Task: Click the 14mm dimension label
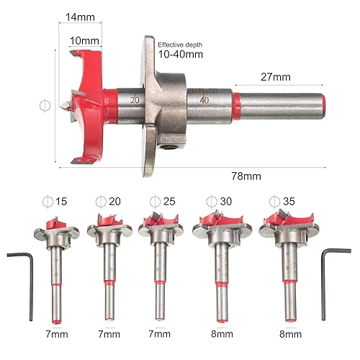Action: click(80, 17)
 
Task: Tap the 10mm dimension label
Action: click(84, 41)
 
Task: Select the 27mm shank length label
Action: click(276, 77)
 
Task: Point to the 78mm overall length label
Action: click(246, 176)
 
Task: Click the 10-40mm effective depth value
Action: click(181, 54)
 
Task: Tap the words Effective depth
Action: click(180, 45)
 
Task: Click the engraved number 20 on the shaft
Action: click(135, 100)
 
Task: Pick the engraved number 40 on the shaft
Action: click(204, 100)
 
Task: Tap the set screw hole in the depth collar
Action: click(165, 147)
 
